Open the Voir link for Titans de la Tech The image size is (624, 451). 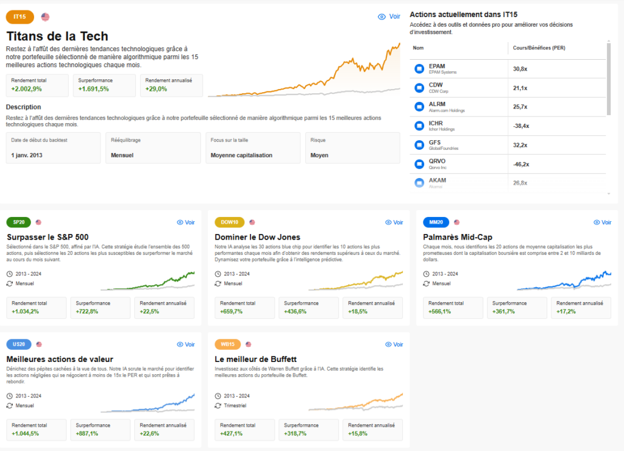point(389,17)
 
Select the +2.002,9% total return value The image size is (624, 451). point(26,89)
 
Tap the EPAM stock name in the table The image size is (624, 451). point(437,66)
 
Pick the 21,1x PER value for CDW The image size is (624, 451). point(520,88)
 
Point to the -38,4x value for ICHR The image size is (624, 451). point(522,126)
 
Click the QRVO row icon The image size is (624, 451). point(419,164)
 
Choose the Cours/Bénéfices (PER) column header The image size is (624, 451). point(534,48)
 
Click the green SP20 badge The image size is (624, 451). point(18,222)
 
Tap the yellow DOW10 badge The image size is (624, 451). point(230,222)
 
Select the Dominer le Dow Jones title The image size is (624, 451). point(258,236)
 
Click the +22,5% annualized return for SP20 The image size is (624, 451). point(150,311)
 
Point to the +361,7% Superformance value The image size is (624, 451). point(503,311)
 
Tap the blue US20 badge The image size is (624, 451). point(18,344)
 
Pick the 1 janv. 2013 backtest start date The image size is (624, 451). point(27,155)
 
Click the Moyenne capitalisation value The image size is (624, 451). point(241,155)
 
